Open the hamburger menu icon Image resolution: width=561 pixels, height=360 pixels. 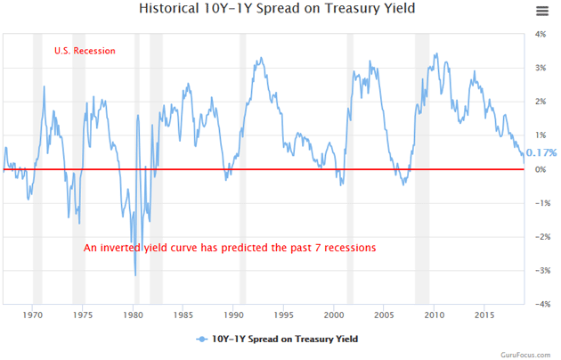(x=542, y=11)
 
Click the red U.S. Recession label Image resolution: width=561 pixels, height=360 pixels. (x=85, y=51)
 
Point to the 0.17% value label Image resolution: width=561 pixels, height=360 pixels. (x=541, y=152)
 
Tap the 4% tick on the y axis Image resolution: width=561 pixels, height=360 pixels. (x=540, y=35)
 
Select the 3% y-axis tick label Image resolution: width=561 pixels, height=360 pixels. (x=540, y=69)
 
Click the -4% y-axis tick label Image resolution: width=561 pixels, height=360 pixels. (x=538, y=304)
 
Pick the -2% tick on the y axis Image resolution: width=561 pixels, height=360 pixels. (x=538, y=237)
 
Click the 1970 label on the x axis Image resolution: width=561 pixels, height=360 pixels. (x=33, y=315)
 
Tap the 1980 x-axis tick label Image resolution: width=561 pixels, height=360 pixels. (x=134, y=315)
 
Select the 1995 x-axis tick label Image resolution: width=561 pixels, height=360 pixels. (x=284, y=315)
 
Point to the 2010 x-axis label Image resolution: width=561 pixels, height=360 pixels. (x=435, y=315)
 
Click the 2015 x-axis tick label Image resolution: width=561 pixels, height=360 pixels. (x=485, y=315)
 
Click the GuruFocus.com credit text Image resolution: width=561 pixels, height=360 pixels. (x=529, y=353)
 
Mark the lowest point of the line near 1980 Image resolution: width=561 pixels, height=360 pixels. (x=135, y=275)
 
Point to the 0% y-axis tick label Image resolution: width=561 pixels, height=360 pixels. (x=540, y=169)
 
